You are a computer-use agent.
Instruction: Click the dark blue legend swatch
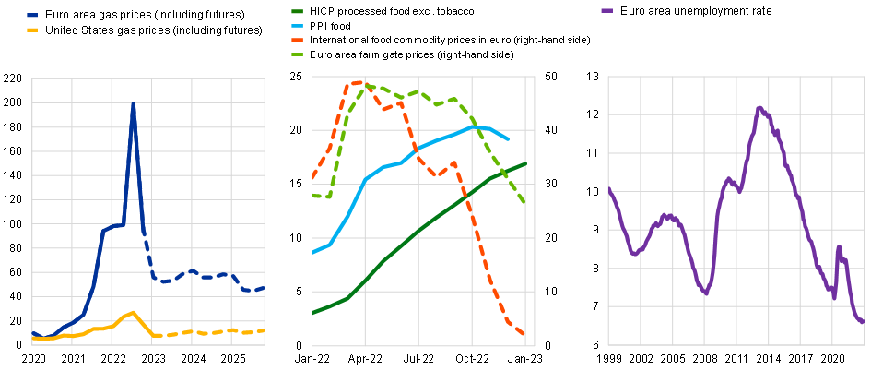pyautogui.click(x=32, y=16)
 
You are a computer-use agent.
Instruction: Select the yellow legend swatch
pyautogui.click(x=32, y=30)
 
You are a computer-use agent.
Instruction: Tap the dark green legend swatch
pyautogui.click(x=297, y=11)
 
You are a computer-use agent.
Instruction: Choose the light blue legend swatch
pyautogui.click(x=297, y=26)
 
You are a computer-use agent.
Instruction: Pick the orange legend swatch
pyautogui.click(x=297, y=41)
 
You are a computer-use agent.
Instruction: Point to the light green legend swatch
pyautogui.click(x=297, y=54)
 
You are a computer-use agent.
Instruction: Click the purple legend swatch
pyautogui.click(x=606, y=10)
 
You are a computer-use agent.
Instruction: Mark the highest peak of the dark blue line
pyautogui.click(x=134, y=104)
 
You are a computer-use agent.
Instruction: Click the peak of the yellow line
pyautogui.click(x=135, y=313)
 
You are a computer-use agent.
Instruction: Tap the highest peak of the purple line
pyautogui.click(x=759, y=108)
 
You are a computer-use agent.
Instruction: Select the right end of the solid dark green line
pyautogui.click(x=525, y=163)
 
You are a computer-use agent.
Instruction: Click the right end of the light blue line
pyautogui.click(x=508, y=139)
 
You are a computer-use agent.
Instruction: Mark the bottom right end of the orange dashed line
pyautogui.click(x=524, y=335)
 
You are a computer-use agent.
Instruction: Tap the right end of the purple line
pyautogui.click(x=863, y=322)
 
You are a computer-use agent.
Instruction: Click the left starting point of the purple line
pyautogui.click(x=609, y=188)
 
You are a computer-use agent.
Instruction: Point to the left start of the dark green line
pyautogui.click(x=313, y=313)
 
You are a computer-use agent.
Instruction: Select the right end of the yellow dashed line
pyautogui.click(x=264, y=330)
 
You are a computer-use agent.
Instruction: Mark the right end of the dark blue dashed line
pyautogui.click(x=264, y=288)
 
